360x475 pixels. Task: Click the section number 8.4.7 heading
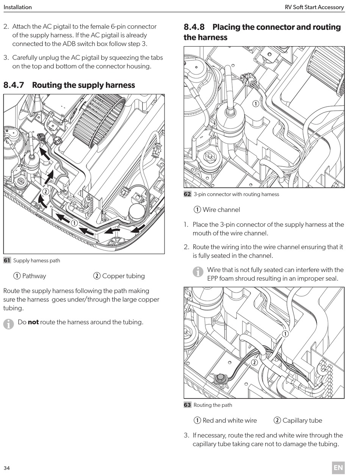(14, 85)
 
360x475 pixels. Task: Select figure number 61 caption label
(7, 260)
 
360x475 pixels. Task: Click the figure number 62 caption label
(187, 194)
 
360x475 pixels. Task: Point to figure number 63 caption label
(187, 405)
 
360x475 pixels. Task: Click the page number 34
(7, 468)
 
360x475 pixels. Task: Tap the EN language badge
(338, 467)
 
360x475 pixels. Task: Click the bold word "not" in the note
(33, 322)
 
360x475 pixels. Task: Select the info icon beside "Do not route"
(9, 324)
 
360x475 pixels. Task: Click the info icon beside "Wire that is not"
(198, 272)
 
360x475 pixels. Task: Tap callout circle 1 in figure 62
(256, 103)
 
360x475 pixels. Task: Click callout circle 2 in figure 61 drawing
(45, 191)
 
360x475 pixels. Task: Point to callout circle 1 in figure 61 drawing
(74, 223)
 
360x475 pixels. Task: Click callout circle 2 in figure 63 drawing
(254, 362)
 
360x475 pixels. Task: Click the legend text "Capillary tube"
(302, 420)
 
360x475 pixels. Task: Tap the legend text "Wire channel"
(221, 209)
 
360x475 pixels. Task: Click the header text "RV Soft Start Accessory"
(314, 7)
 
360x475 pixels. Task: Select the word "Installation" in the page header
(17, 7)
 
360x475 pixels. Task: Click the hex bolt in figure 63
(220, 378)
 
